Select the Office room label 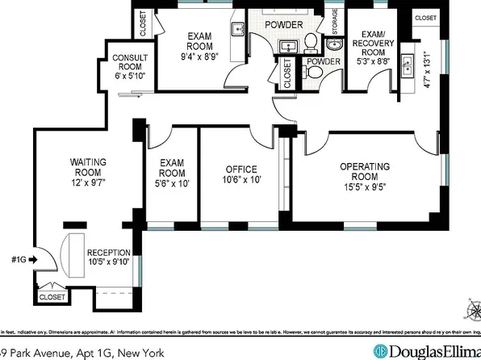coord(240,170)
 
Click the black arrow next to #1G coord(32,261)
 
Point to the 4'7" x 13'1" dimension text coord(428,75)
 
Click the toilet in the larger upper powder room coord(311,41)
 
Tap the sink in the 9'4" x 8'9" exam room coord(237,30)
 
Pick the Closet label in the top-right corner coord(425,18)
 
